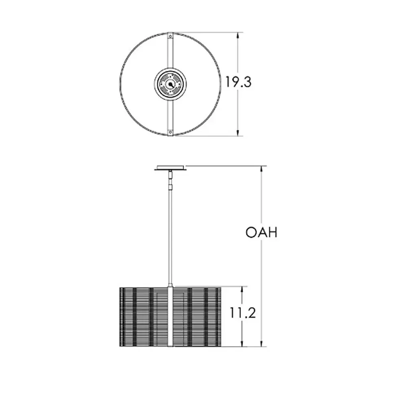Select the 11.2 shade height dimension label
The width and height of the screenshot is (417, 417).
243,313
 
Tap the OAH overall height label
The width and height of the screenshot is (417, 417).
261,232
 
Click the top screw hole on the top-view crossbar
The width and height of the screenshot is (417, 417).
170,36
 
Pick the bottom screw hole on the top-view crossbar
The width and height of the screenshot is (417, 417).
170,132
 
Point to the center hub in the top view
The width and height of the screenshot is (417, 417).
170,84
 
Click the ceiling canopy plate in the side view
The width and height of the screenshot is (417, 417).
170,168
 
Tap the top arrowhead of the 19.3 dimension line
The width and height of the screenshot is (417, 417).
238,36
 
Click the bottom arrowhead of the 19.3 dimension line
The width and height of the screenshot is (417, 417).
238,132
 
